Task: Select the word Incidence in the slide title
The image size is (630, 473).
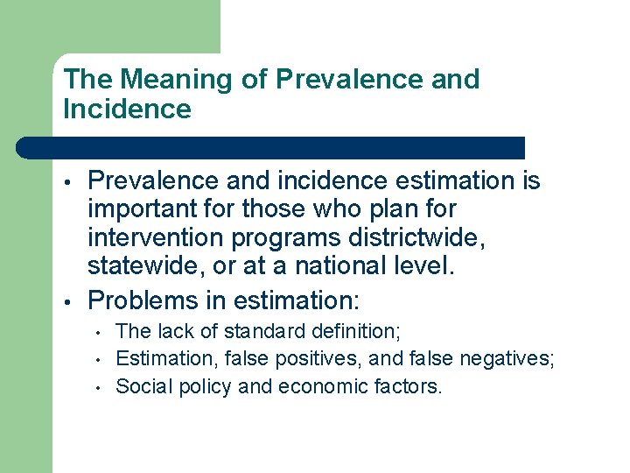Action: click(127, 109)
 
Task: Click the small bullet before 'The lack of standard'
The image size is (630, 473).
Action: click(101, 333)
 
